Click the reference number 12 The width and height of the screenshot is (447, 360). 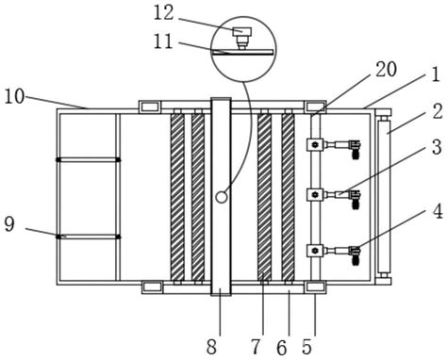tap(163, 13)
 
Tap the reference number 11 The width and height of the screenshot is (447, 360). tap(163, 41)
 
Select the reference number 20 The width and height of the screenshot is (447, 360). tap(387, 70)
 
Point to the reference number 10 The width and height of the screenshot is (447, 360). tap(14, 97)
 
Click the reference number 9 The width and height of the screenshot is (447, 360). tap(9, 224)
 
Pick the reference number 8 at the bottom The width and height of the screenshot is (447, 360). tap(211, 348)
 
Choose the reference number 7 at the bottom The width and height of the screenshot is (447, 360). tap(256, 348)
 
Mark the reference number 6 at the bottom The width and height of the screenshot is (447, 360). tap(282, 348)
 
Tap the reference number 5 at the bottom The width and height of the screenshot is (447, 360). tap(306, 348)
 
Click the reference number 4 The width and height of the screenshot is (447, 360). tap(438, 211)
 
